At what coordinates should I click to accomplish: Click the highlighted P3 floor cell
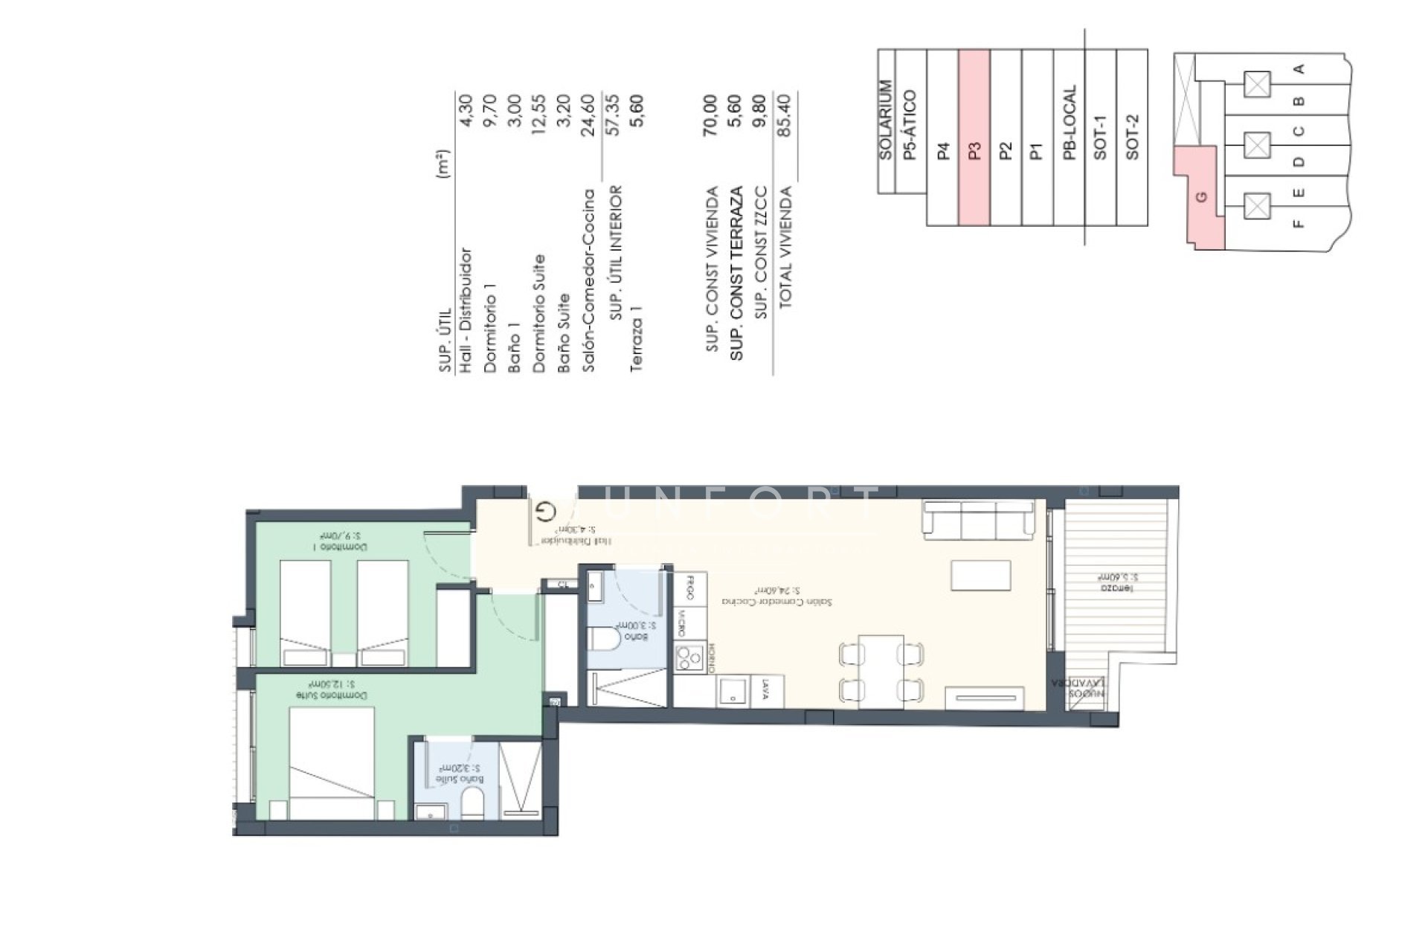point(974,138)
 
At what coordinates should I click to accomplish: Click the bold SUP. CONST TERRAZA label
point(737,273)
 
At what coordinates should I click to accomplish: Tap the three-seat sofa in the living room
point(978,520)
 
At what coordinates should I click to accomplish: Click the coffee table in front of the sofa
point(980,576)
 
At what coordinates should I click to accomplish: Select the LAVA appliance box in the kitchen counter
point(765,692)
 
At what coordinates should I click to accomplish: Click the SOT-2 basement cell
point(1132,138)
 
